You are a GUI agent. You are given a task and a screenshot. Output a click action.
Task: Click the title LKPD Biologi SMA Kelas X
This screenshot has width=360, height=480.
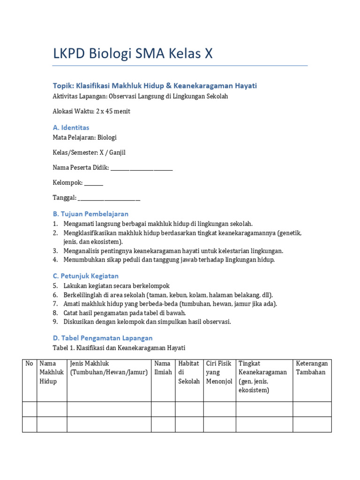133,54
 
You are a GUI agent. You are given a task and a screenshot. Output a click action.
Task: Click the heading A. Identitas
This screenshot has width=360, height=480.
71,127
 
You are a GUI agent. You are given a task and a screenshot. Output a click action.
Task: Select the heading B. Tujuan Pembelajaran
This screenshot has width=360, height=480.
90,214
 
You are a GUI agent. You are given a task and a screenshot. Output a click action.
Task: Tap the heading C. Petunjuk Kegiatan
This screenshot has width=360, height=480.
86,276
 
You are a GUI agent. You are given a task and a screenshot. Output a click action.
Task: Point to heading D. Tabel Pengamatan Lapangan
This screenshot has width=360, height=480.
102,337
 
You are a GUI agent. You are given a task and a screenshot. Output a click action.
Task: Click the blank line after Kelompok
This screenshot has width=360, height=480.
94,183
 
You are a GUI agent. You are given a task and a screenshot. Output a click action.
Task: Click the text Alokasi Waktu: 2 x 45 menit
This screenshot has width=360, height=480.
91,111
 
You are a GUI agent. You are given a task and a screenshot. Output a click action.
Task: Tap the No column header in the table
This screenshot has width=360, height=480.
29,363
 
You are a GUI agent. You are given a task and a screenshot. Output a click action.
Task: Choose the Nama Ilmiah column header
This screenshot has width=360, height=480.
163,368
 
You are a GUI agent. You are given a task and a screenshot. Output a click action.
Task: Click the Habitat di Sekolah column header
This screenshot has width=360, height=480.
189,372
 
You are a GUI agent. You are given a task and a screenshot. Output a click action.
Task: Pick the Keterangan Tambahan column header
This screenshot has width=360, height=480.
312,368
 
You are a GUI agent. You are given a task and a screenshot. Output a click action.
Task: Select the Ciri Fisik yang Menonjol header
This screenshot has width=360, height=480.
219,372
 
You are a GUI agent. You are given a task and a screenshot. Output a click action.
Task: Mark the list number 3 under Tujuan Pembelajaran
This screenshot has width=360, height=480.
55,251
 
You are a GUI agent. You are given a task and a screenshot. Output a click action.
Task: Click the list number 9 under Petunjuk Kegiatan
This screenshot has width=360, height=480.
55,322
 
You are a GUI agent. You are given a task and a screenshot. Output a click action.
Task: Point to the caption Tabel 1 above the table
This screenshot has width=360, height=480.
119,348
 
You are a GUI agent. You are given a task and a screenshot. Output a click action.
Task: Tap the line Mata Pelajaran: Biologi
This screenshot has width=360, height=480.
85,137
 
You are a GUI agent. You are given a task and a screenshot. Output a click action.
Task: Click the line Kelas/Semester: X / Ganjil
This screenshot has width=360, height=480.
89,152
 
